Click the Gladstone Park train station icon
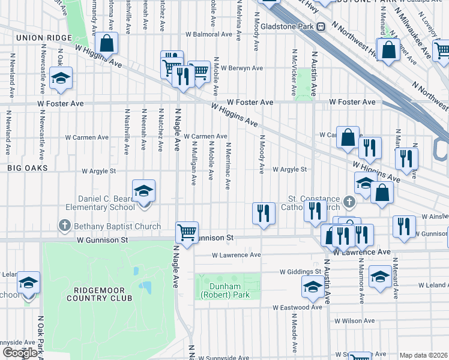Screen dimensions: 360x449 click(321, 26)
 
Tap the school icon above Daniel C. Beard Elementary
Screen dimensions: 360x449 click(143, 191)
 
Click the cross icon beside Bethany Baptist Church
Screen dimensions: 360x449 click(65, 226)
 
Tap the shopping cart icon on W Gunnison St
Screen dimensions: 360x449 click(187, 232)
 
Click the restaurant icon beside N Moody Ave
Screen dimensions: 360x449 click(263, 213)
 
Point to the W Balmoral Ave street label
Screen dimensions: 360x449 click(208, 34)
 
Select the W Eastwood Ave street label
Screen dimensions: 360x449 click(297, 307)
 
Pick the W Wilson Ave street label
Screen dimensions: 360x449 click(354, 321)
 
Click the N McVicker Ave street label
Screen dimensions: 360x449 click(294, 73)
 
